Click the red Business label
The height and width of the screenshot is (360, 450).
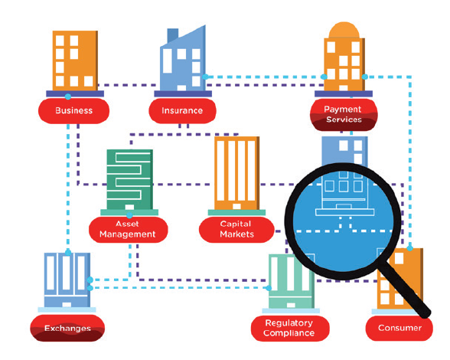pyautogui.click(x=73, y=111)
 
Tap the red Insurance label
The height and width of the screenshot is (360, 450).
pyautogui.click(x=182, y=111)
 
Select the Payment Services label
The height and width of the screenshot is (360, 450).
pyautogui.click(x=344, y=115)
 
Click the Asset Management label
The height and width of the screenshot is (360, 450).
pyautogui.click(x=128, y=230)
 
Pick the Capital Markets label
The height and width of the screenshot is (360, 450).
pyautogui.click(x=236, y=230)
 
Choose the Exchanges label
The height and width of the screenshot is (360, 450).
pyautogui.click(x=67, y=328)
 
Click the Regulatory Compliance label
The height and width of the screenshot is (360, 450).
pyautogui.click(x=290, y=328)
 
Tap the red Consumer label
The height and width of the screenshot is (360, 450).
pyautogui.click(x=399, y=328)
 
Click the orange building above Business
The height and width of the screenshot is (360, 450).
pyautogui.click(x=75, y=61)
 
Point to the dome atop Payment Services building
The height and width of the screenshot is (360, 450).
pyautogui.click(x=344, y=30)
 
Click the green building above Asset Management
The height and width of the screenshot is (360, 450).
pyautogui.click(x=130, y=179)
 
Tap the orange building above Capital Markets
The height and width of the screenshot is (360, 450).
pyautogui.click(x=236, y=173)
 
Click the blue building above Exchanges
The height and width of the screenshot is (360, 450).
pyautogui.click(x=67, y=280)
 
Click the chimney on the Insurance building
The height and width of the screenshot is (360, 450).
pyautogui.click(x=173, y=36)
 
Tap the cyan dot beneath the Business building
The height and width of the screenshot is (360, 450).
pyautogui.click(x=67, y=97)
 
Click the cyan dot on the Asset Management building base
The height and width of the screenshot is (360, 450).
pyautogui.click(x=129, y=215)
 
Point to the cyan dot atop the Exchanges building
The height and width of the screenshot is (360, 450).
pyautogui.click(x=67, y=253)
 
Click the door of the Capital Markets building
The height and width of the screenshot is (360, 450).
pyautogui.click(x=236, y=206)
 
